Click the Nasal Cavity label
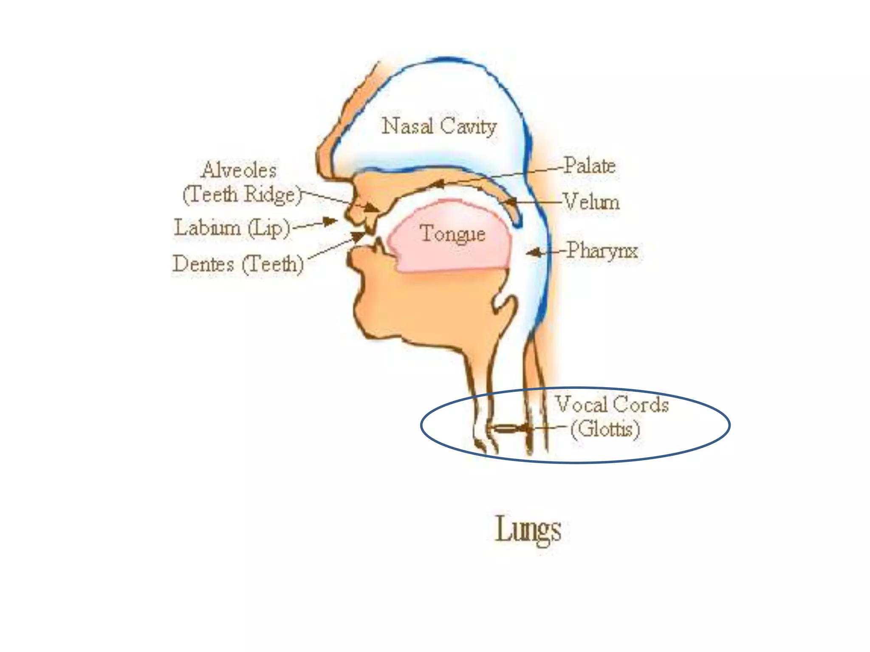point(439,126)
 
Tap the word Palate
point(590,166)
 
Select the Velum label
point(591,202)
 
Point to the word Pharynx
point(602,250)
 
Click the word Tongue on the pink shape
point(452,234)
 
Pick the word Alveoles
point(239,170)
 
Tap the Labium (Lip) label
point(232,228)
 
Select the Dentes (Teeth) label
point(238,264)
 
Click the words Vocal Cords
point(612,404)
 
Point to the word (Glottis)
point(605,429)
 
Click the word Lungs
point(528,529)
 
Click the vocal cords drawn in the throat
point(506,429)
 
